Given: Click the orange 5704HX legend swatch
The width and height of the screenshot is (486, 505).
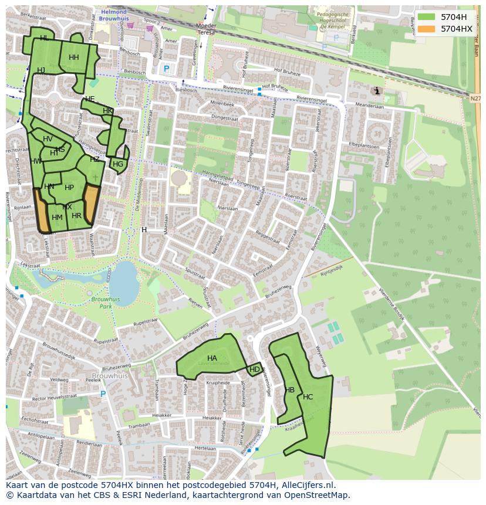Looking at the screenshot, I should [x=427, y=29].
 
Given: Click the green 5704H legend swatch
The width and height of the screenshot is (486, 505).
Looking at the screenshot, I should [x=427, y=17].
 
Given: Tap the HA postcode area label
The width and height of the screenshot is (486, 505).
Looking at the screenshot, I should [x=212, y=358].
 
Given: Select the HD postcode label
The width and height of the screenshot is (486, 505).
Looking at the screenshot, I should [x=255, y=370].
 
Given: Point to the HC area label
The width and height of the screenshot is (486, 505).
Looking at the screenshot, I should [x=308, y=397].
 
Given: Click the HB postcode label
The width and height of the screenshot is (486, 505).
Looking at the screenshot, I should [x=289, y=390].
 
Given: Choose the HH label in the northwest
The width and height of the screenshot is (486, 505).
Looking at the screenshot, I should [x=73, y=57].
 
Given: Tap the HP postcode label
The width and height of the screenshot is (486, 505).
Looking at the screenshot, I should [x=69, y=188].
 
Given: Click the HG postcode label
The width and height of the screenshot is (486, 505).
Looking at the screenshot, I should [x=118, y=164].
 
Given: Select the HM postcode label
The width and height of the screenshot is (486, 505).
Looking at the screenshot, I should [x=57, y=218].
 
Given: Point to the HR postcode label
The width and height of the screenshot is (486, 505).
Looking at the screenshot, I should [x=76, y=216].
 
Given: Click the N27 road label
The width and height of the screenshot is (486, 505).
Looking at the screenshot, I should [x=475, y=99].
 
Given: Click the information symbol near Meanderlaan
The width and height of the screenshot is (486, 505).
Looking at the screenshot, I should [x=376, y=91].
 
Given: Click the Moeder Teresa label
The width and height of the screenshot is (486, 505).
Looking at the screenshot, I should [x=206, y=29].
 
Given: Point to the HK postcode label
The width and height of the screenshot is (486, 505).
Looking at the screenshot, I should [x=107, y=111].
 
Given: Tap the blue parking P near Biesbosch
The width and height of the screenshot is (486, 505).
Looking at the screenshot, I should [x=166, y=69].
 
